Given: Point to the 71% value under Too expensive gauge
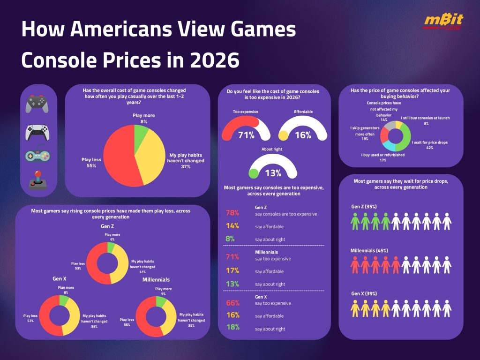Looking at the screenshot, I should pyautogui.click(x=246, y=136).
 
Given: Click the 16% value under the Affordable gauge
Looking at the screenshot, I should pyautogui.click(x=303, y=136).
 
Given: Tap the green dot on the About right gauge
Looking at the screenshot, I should pyautogui.click(x=254, y=173).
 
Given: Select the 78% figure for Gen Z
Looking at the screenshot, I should pyautogui.click(x=232, y=213).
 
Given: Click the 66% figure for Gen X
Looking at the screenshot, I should pyautogui.click(x=232, y=303).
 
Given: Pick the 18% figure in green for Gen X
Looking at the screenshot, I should pyautogui.click(x=232, y=329).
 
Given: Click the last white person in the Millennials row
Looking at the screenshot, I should pyautogui.click(x=447, y=265).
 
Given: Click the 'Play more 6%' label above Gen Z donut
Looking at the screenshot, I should pyautogui.click(x=112, y=236).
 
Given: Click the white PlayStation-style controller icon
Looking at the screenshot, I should pyautogui.click(x=37, y=133).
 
